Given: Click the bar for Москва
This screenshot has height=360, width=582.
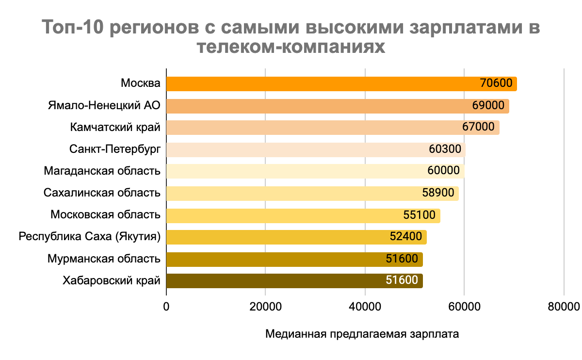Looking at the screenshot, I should click(x=320, y=84).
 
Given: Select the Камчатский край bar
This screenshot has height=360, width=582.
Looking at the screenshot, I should click(x=310, y=128).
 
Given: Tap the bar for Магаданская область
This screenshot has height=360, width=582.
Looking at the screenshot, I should click(x=301, y=171).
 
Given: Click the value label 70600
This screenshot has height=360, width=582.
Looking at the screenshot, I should click(x=496, y=83).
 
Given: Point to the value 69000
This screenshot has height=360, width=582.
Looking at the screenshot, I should click(x=488, y=106).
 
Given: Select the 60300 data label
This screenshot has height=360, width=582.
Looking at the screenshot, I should click(x=445, y=149).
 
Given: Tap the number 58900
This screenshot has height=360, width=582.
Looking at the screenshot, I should click(x=438, y=193).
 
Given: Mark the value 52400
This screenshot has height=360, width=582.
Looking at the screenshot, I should click(x=406, y=237).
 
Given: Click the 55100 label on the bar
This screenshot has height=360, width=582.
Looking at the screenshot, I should click(x=420, y=215).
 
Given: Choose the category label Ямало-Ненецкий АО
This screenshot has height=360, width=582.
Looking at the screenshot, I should click(x=104, y=106).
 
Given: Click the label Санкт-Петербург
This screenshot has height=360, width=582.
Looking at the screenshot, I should click(x=114, y=149).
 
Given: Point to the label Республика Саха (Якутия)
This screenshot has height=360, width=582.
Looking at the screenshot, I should click(x=90, y=237).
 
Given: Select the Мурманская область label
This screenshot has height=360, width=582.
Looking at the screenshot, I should click(x=104, y=259).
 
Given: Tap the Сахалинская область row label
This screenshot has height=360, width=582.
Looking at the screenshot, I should click(x=102, y=193).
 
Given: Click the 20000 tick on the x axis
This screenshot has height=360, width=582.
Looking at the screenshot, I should click(x=265, y=307).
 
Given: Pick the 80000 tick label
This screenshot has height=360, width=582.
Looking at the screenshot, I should click(x=563, y=307).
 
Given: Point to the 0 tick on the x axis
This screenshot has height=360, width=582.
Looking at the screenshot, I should click(x=166, y=307).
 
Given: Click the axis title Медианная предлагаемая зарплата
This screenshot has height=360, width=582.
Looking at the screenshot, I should click(x=362, y=335).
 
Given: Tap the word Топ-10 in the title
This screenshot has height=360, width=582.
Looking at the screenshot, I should click(x=73, y=28).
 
